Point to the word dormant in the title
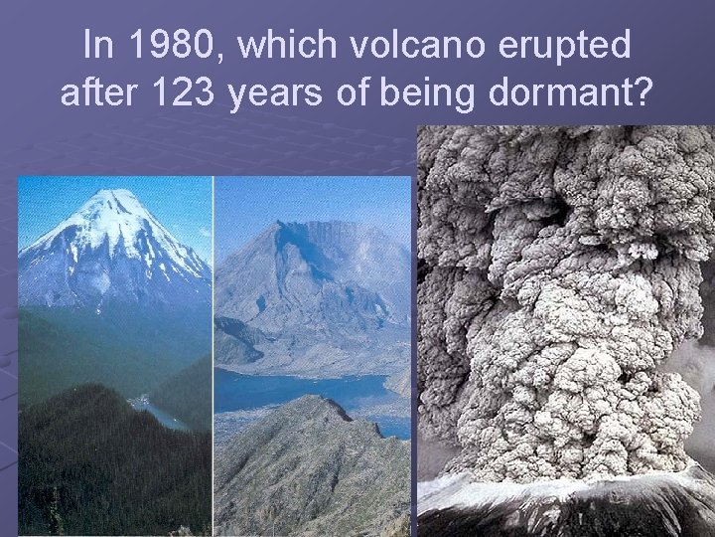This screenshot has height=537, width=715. [x=576, y=93]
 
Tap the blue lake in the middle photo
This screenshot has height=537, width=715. [x=298, y=388]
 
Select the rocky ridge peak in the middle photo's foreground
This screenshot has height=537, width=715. [x=316, y=406]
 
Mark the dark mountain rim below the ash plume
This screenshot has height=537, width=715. [x=566, y=502]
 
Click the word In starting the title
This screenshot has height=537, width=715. [x=97, y=45]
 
